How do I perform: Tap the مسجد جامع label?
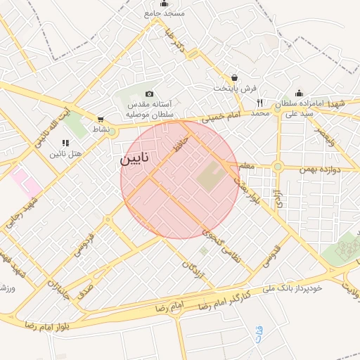165,13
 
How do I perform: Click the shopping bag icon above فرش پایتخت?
233,78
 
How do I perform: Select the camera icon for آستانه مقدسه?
149,94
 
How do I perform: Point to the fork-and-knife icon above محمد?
260,103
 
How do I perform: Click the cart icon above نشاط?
101,120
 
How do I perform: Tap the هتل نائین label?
66,153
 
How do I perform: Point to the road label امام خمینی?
221,116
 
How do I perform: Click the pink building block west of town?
26,181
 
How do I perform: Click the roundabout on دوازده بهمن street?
278,167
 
